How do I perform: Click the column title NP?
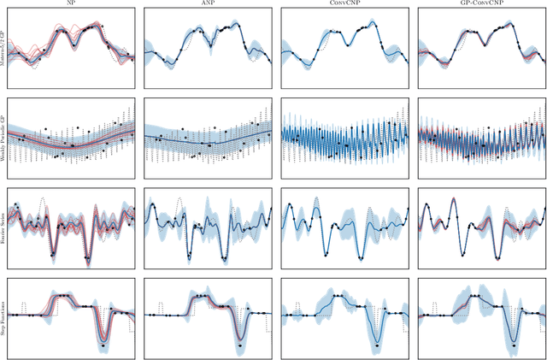click(71, 4)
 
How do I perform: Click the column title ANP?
click(208, 4)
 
